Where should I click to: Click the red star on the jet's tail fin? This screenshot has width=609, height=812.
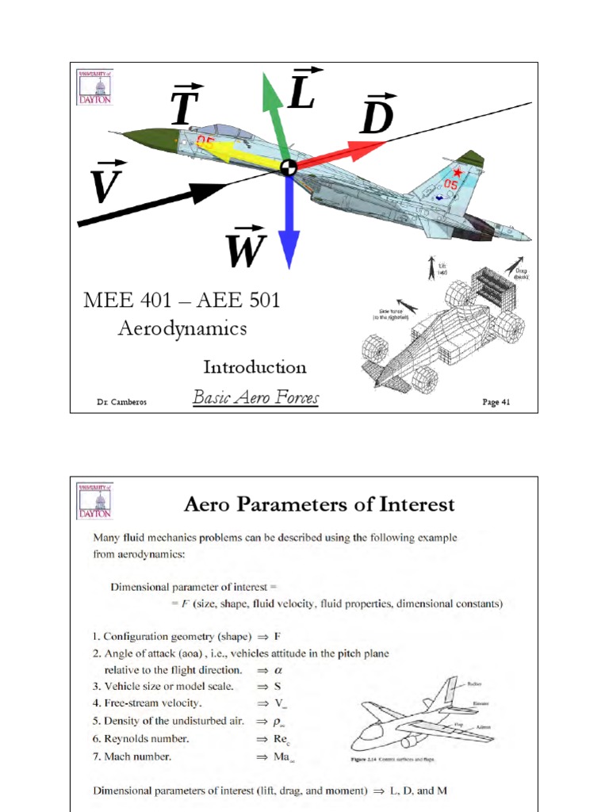pos(457,172)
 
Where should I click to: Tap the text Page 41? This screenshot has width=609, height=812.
pos(497,402)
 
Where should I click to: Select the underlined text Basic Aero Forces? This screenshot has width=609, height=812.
pos(255,397)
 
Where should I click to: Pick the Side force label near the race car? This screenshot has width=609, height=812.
pos(393,314)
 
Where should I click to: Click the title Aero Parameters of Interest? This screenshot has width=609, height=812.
pos(320,504)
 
